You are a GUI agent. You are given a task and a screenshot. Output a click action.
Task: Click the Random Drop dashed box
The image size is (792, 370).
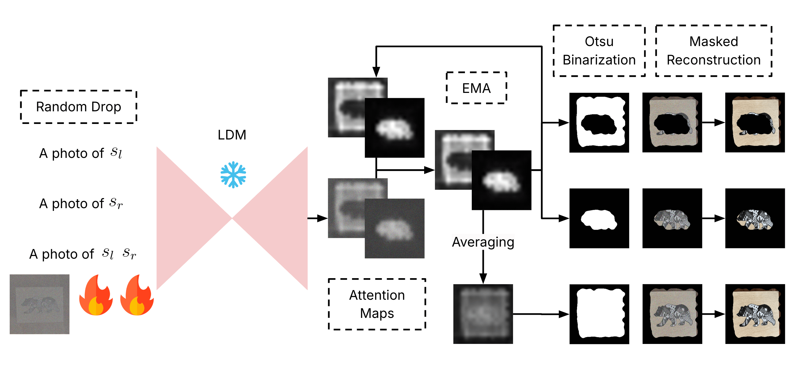[x=78, y=107]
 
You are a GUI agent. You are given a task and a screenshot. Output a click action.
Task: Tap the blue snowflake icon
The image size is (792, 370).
[x=233, y=175]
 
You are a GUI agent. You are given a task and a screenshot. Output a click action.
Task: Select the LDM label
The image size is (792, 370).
[x=232, y=135]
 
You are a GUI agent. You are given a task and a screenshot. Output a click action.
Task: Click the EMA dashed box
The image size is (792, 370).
[x=476, y=88]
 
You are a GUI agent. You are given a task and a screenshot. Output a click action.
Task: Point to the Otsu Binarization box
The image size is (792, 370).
[x=599, y=51]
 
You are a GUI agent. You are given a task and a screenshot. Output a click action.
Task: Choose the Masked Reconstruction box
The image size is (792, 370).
[x=713, y=51]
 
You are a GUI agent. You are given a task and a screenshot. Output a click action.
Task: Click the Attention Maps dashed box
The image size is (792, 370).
[x=377, y=304]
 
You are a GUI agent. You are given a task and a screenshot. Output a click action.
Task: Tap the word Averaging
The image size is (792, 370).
[x=483, y=242]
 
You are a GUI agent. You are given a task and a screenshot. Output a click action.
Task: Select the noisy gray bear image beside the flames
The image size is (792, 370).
[x=40, y=304]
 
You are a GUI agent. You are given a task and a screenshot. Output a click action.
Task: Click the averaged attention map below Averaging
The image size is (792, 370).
[x=483, y=314]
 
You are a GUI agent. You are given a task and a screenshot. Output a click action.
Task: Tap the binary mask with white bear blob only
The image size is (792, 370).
[x=599, y=218]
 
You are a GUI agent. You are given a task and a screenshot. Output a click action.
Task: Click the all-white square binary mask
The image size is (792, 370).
[x=599, y=314]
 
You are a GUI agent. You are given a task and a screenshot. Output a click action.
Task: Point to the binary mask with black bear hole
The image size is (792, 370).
[x=599, y=122]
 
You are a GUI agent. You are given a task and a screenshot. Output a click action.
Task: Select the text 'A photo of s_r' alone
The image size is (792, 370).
[x=81, y=204]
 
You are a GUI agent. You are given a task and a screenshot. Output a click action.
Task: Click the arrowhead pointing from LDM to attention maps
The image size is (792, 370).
[x=323, y=218]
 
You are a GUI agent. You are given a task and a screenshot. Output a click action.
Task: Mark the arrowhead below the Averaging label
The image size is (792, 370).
[x=483, y=278]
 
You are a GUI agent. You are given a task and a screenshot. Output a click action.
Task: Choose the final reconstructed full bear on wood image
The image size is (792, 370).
[x=755, y=314]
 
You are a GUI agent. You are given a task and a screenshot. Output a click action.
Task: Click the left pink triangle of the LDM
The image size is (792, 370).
[x=184, y=218]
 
